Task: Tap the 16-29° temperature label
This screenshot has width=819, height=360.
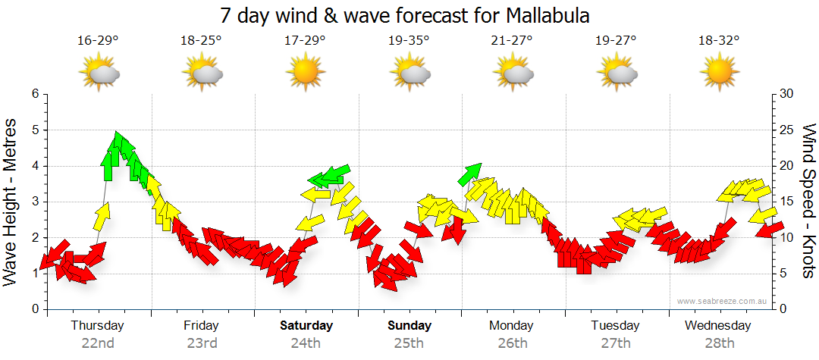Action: click(98, 41)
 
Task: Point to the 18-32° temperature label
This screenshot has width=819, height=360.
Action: click(719, 41)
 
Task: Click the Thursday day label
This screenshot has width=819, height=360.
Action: click(97, 325)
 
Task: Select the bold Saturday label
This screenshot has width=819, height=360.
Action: click(306, 325)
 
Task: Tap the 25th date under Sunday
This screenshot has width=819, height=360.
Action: click(409, 343)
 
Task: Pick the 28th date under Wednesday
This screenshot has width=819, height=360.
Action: click(719, 343)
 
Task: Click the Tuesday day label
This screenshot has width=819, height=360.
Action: click(615, 325)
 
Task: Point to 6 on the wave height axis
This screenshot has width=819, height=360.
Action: click(34, 94)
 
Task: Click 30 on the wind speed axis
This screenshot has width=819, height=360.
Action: click(788, 94)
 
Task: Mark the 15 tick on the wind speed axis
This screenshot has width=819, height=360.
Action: click(788, 202)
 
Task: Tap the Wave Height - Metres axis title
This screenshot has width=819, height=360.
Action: click(11, 202)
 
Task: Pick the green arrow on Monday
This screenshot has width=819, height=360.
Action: click(469, 174)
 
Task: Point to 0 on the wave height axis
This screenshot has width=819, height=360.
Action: click(34, 309)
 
